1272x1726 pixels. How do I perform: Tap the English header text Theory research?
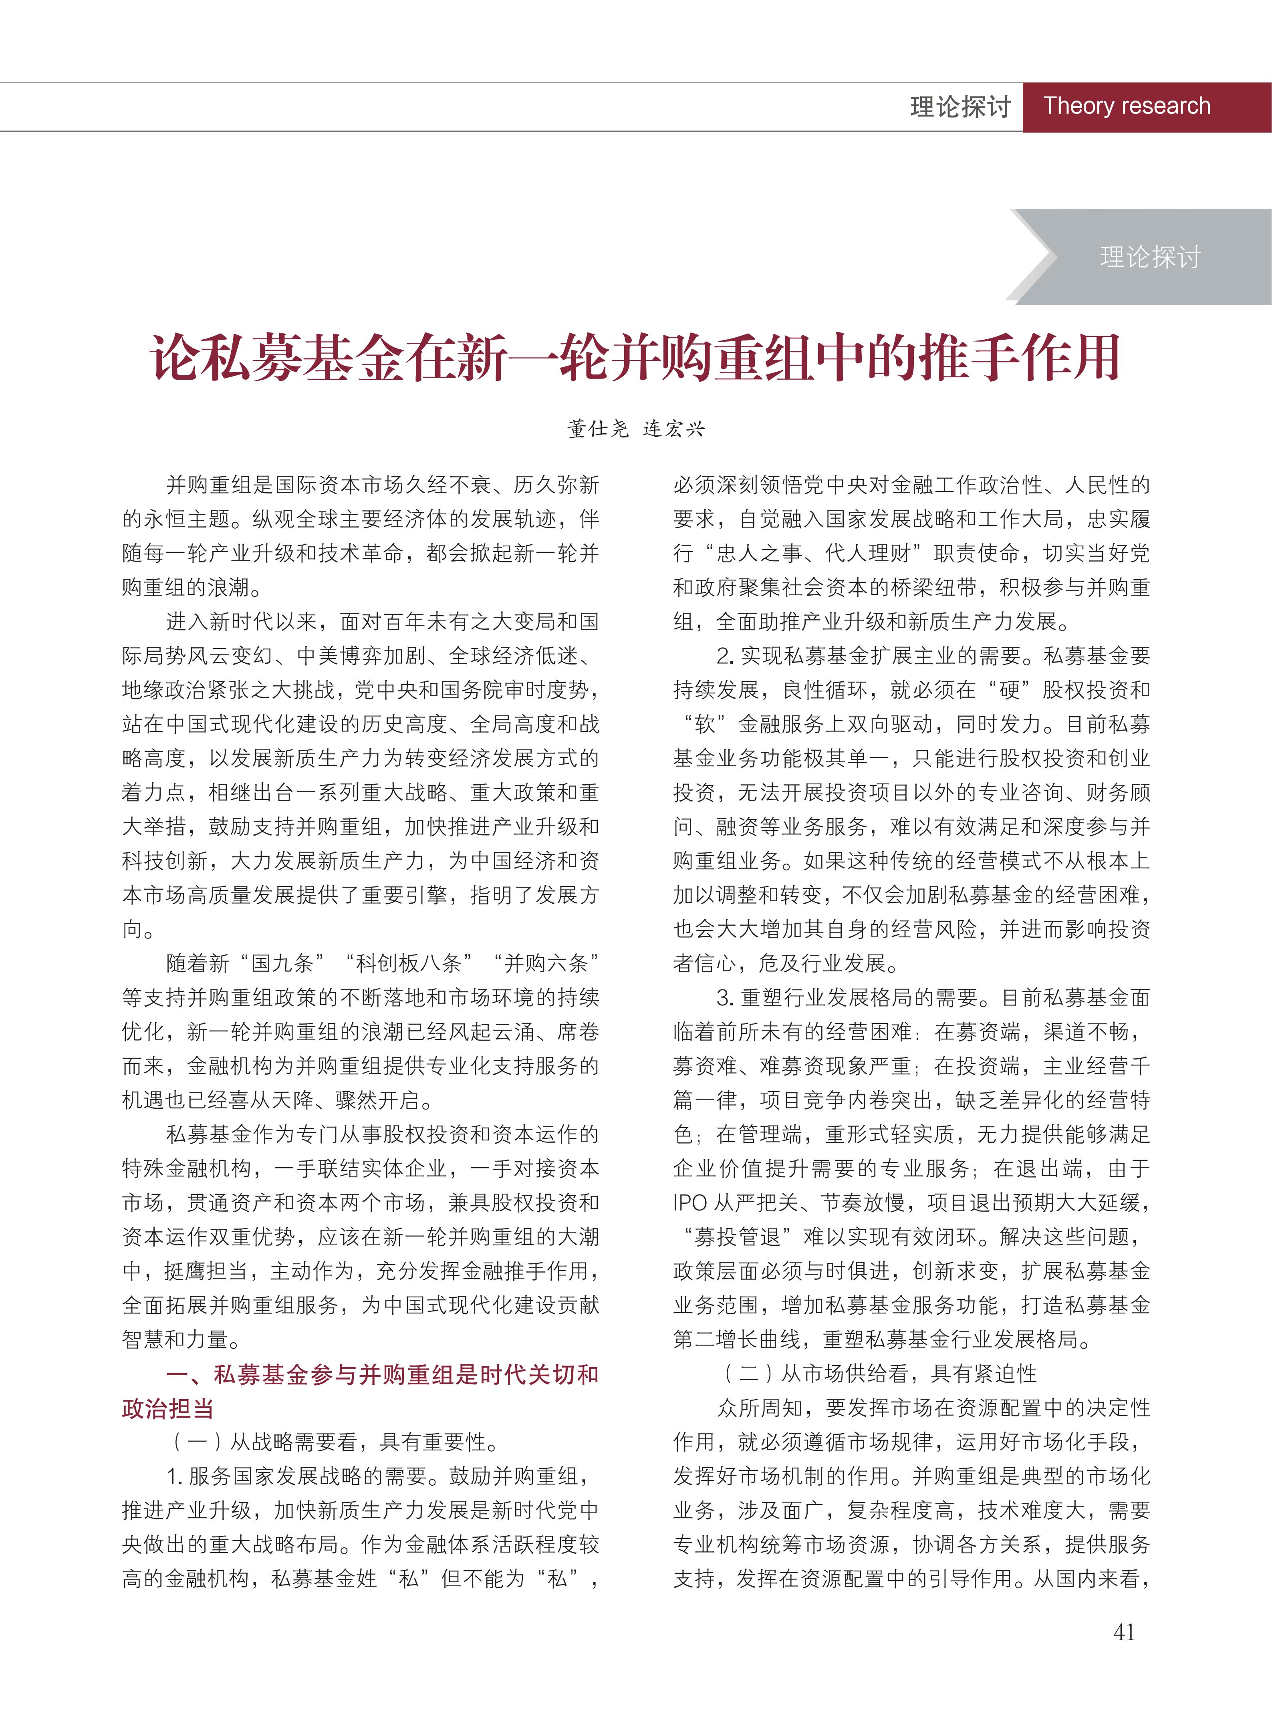[x=1127, y=106]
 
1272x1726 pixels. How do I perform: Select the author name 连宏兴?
[x=674, y=429]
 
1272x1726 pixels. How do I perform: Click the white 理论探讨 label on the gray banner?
[x=1150, y=257]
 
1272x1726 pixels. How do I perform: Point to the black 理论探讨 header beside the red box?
[x=960, y=107]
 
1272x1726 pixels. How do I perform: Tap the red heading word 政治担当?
[x=168, y=1409]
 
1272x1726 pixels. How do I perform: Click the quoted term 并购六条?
[x=546, y=964]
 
